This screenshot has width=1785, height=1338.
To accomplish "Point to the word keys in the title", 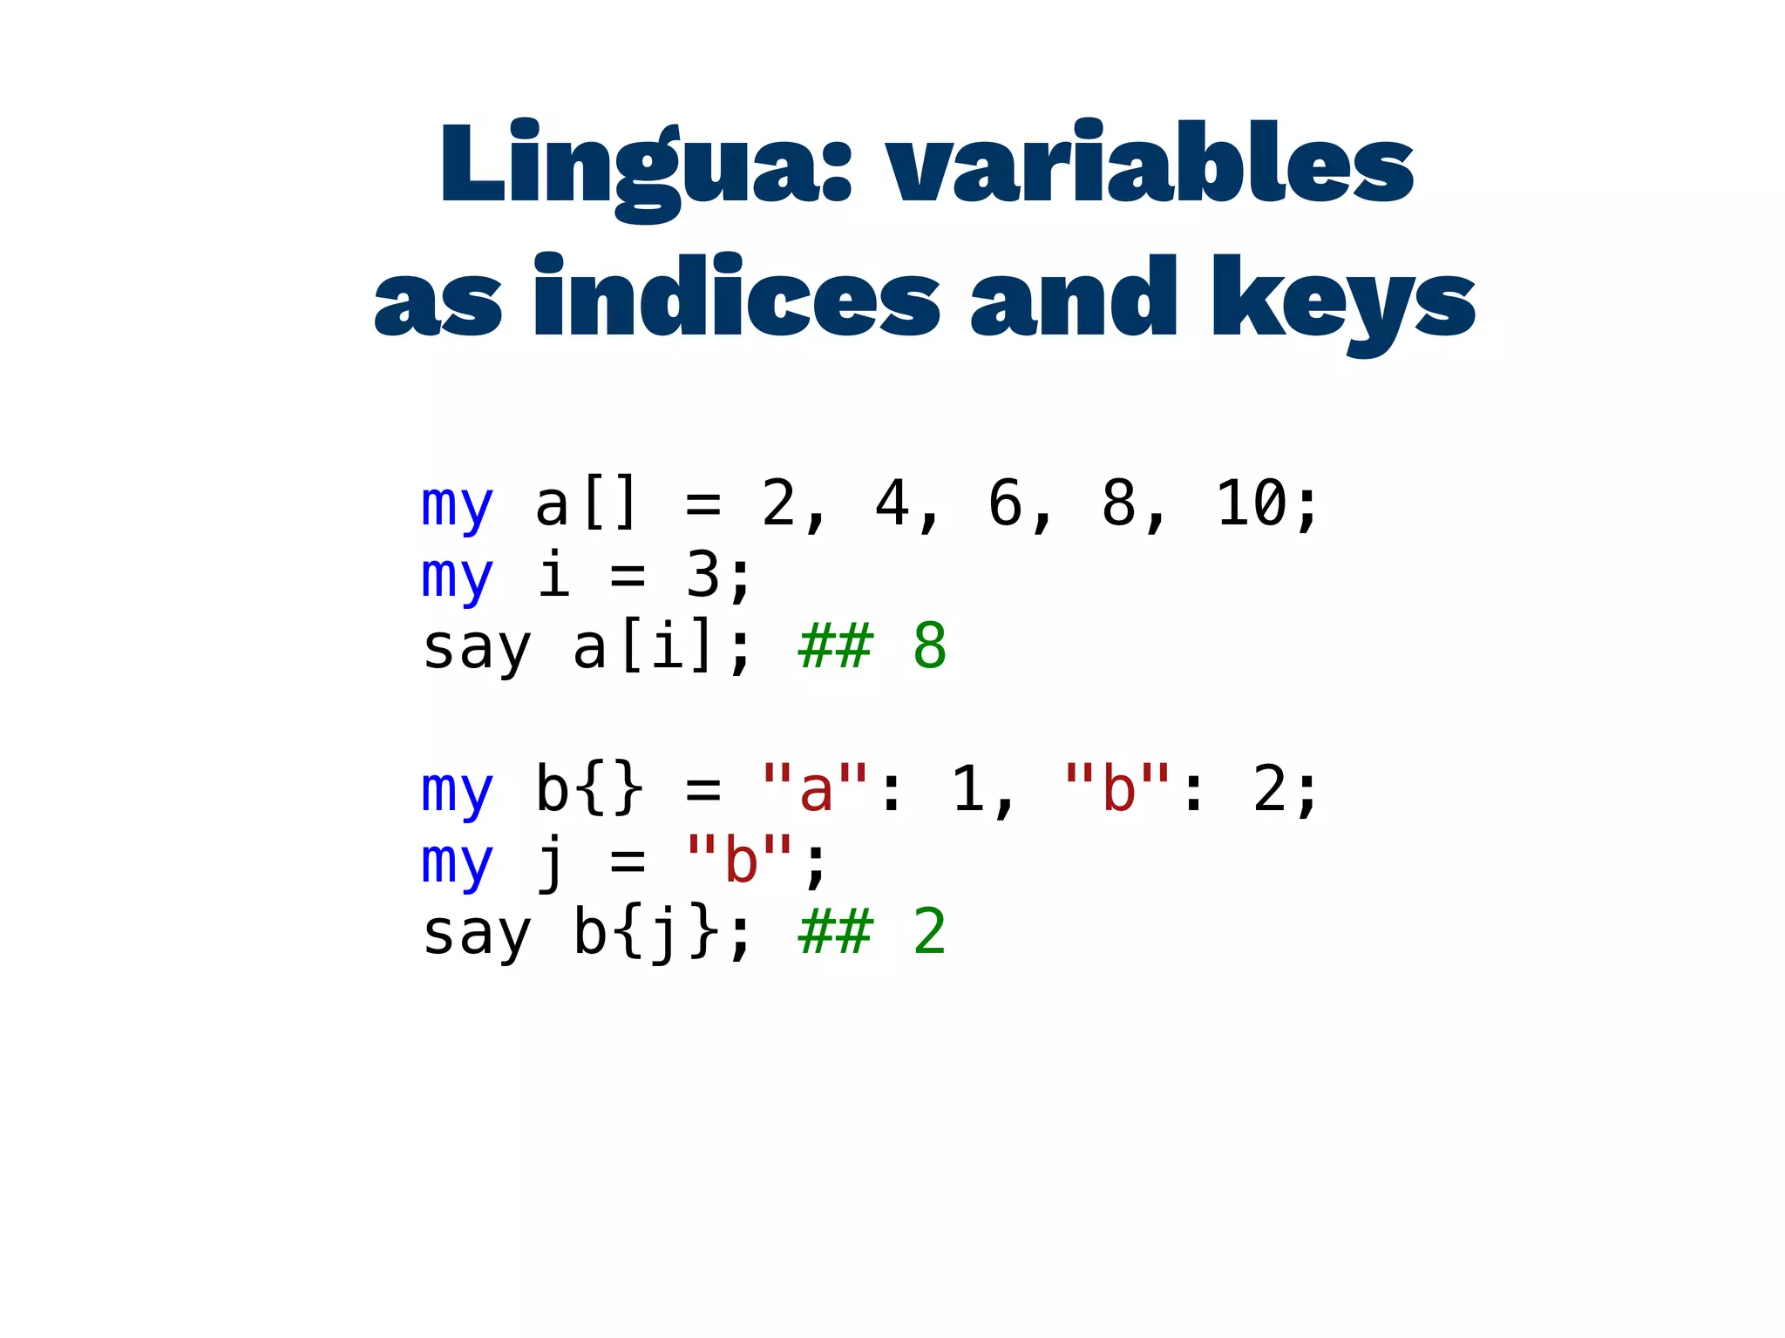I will [x=1342, y=301].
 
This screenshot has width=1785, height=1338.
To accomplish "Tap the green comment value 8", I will [x=929, y=646].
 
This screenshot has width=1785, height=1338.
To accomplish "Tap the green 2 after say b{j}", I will [x=929, y=932].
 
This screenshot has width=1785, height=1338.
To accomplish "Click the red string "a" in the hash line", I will [x=815, y=789].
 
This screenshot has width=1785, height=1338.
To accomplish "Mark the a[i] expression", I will [x=645, y=646].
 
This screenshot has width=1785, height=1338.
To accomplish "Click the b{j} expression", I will [x=645, y=932].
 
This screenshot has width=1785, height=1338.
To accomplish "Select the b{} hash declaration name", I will [x=588, y=789].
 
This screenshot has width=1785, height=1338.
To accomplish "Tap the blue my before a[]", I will [x=458, y=505].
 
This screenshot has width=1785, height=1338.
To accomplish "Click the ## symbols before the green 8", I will [x=835, y=646].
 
